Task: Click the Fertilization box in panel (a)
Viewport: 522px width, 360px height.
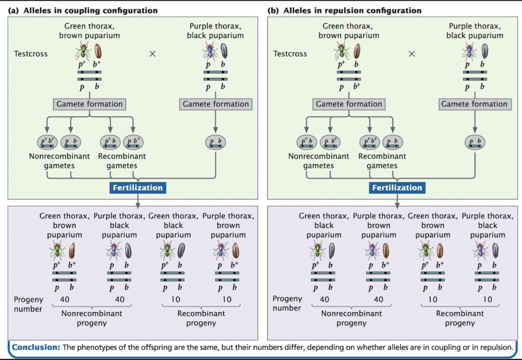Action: pyautogui.click(x=138, y=188)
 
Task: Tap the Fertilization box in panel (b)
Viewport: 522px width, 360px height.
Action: pyautogui.click(x=397, y=188)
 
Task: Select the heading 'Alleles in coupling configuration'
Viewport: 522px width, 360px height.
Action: pyautogui.click(x=90, y=11)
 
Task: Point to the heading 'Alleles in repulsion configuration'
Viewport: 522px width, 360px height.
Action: pyautogui.click(x=352, y=11)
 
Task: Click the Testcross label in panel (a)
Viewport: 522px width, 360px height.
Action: pyautogui.click(x=31, y=54)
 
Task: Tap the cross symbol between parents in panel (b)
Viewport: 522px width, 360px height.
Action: pyautogui.click(x=412, y=54)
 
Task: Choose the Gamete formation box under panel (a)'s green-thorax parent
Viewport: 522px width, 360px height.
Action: pyautogui.click(x=89, y=104)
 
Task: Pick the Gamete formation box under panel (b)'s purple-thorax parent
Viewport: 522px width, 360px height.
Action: pyautogui.click(x=474, y=104)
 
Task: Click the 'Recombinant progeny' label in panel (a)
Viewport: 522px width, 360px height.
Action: pyautogui.click(x=201, y=318)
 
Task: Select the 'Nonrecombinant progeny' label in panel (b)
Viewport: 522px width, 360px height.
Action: pyautogui.click(x=351, y=318)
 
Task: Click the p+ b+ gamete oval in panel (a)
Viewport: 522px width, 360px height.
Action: pyautogui.click(x=46, y=142)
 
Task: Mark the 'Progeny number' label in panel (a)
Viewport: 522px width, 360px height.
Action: pyautogui.click(x=28, y=304)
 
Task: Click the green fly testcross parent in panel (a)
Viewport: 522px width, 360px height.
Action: pyautogui.click(x=82, y=50)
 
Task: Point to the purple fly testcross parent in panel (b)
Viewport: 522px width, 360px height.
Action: pyautogui.click(x=470, y=50)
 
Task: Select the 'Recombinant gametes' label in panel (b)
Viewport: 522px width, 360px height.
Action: pyautogui.click(x=382, y=161)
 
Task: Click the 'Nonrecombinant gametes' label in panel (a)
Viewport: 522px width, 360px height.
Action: pyautogui.click(x=59, y=161)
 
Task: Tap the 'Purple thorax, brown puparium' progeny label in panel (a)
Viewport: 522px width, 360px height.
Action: pyautogui.click(x=228, y=225)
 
